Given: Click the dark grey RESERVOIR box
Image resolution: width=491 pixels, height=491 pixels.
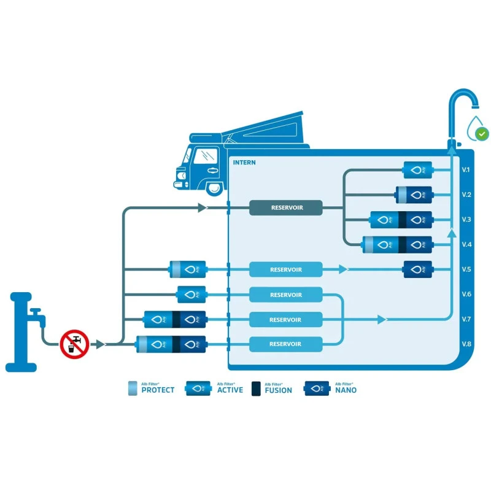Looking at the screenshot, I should (286, 207).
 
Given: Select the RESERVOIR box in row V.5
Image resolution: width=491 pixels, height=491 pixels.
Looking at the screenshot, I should (286, 269).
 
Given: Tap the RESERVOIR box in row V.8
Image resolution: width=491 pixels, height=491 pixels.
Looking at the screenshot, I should (286, 344).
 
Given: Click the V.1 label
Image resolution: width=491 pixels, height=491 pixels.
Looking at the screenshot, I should (466, 170).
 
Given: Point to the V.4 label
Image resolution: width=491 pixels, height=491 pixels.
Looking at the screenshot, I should (466, 244).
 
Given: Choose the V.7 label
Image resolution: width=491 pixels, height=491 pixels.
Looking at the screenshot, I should (466, 319).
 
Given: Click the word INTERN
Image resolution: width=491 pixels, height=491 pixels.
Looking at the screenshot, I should (244, 163).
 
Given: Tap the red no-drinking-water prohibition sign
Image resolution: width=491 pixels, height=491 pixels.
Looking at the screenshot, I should (75, 344).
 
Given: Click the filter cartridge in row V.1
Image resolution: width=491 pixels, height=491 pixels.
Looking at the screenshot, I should (417, 170).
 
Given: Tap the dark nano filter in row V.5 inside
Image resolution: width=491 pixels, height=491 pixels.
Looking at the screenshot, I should (417, 269).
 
